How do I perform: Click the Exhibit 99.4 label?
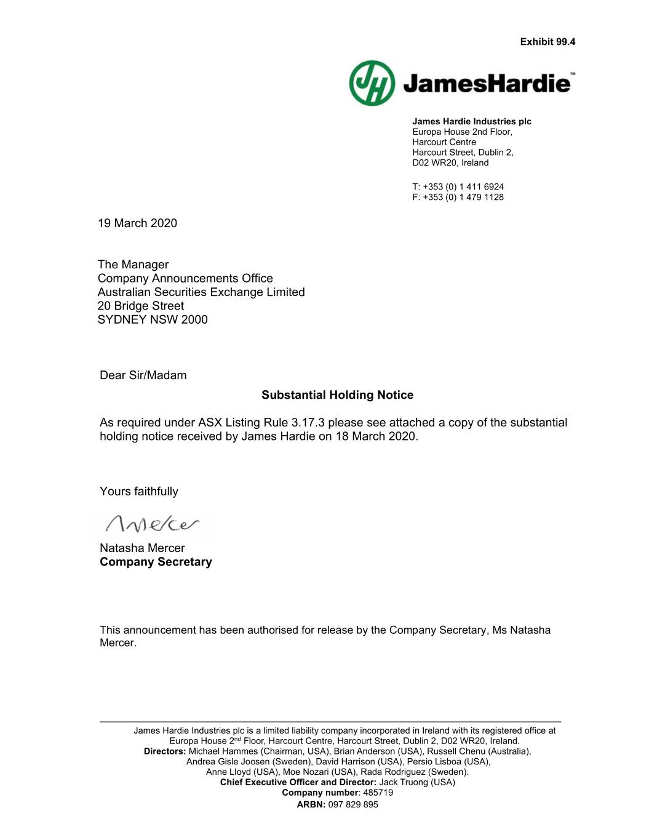[x=547, y=42]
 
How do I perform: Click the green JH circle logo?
[x=372, y=83]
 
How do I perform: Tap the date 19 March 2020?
[x=137, y=223]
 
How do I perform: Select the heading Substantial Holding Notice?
[x=337, y=395]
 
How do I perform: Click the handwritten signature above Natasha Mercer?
[x=153, y=525]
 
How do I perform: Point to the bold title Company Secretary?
[x=156, y=562]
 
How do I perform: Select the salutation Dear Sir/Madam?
[x=143, y=375]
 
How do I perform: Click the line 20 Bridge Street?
[x=140, y=306]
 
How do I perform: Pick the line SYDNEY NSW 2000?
[x=153, y=319]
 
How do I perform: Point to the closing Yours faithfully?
[x=139, y=491]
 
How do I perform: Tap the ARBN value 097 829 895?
[x=353, y=804]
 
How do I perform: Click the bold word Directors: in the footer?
[x=165, y=751]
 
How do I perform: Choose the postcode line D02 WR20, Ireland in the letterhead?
[x=450, y=162]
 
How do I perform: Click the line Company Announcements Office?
[x=185, y=278]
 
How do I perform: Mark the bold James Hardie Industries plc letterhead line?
[x=471, y=121]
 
